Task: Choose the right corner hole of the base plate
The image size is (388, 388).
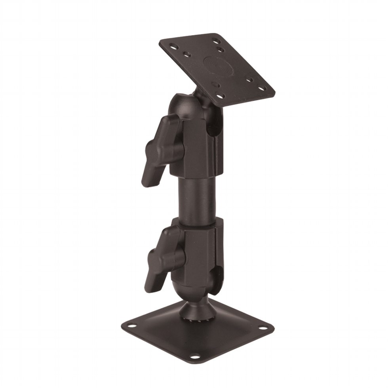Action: tap(262, 328)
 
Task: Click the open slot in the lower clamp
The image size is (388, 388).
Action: tap(217, 277)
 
